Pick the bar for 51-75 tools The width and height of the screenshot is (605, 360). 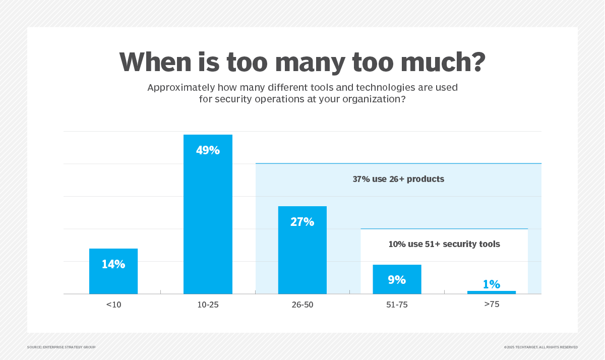click(397, 285)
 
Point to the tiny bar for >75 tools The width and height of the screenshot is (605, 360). click(492, 292)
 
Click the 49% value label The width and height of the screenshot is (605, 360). click(208, 150)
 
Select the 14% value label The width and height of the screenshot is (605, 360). click(113, 264)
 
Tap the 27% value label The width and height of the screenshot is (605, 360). click(302, 222)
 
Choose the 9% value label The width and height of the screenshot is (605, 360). click(397, 280)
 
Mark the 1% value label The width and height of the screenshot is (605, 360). click(492, 284)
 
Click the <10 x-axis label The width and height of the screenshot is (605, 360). click(113, 305)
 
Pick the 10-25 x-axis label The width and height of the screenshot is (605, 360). click(208, 305)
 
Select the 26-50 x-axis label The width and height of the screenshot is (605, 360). click(302, 305)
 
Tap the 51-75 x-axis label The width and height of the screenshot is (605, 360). click(397, 305)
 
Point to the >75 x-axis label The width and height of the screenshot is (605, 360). click(492, 305)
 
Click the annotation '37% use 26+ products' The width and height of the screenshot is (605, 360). click(398, 179)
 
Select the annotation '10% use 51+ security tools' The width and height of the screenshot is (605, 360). click(444, 244)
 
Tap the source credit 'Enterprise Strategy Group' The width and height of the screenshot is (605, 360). click(61, 347)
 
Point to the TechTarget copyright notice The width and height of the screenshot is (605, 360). click(540, 347)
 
